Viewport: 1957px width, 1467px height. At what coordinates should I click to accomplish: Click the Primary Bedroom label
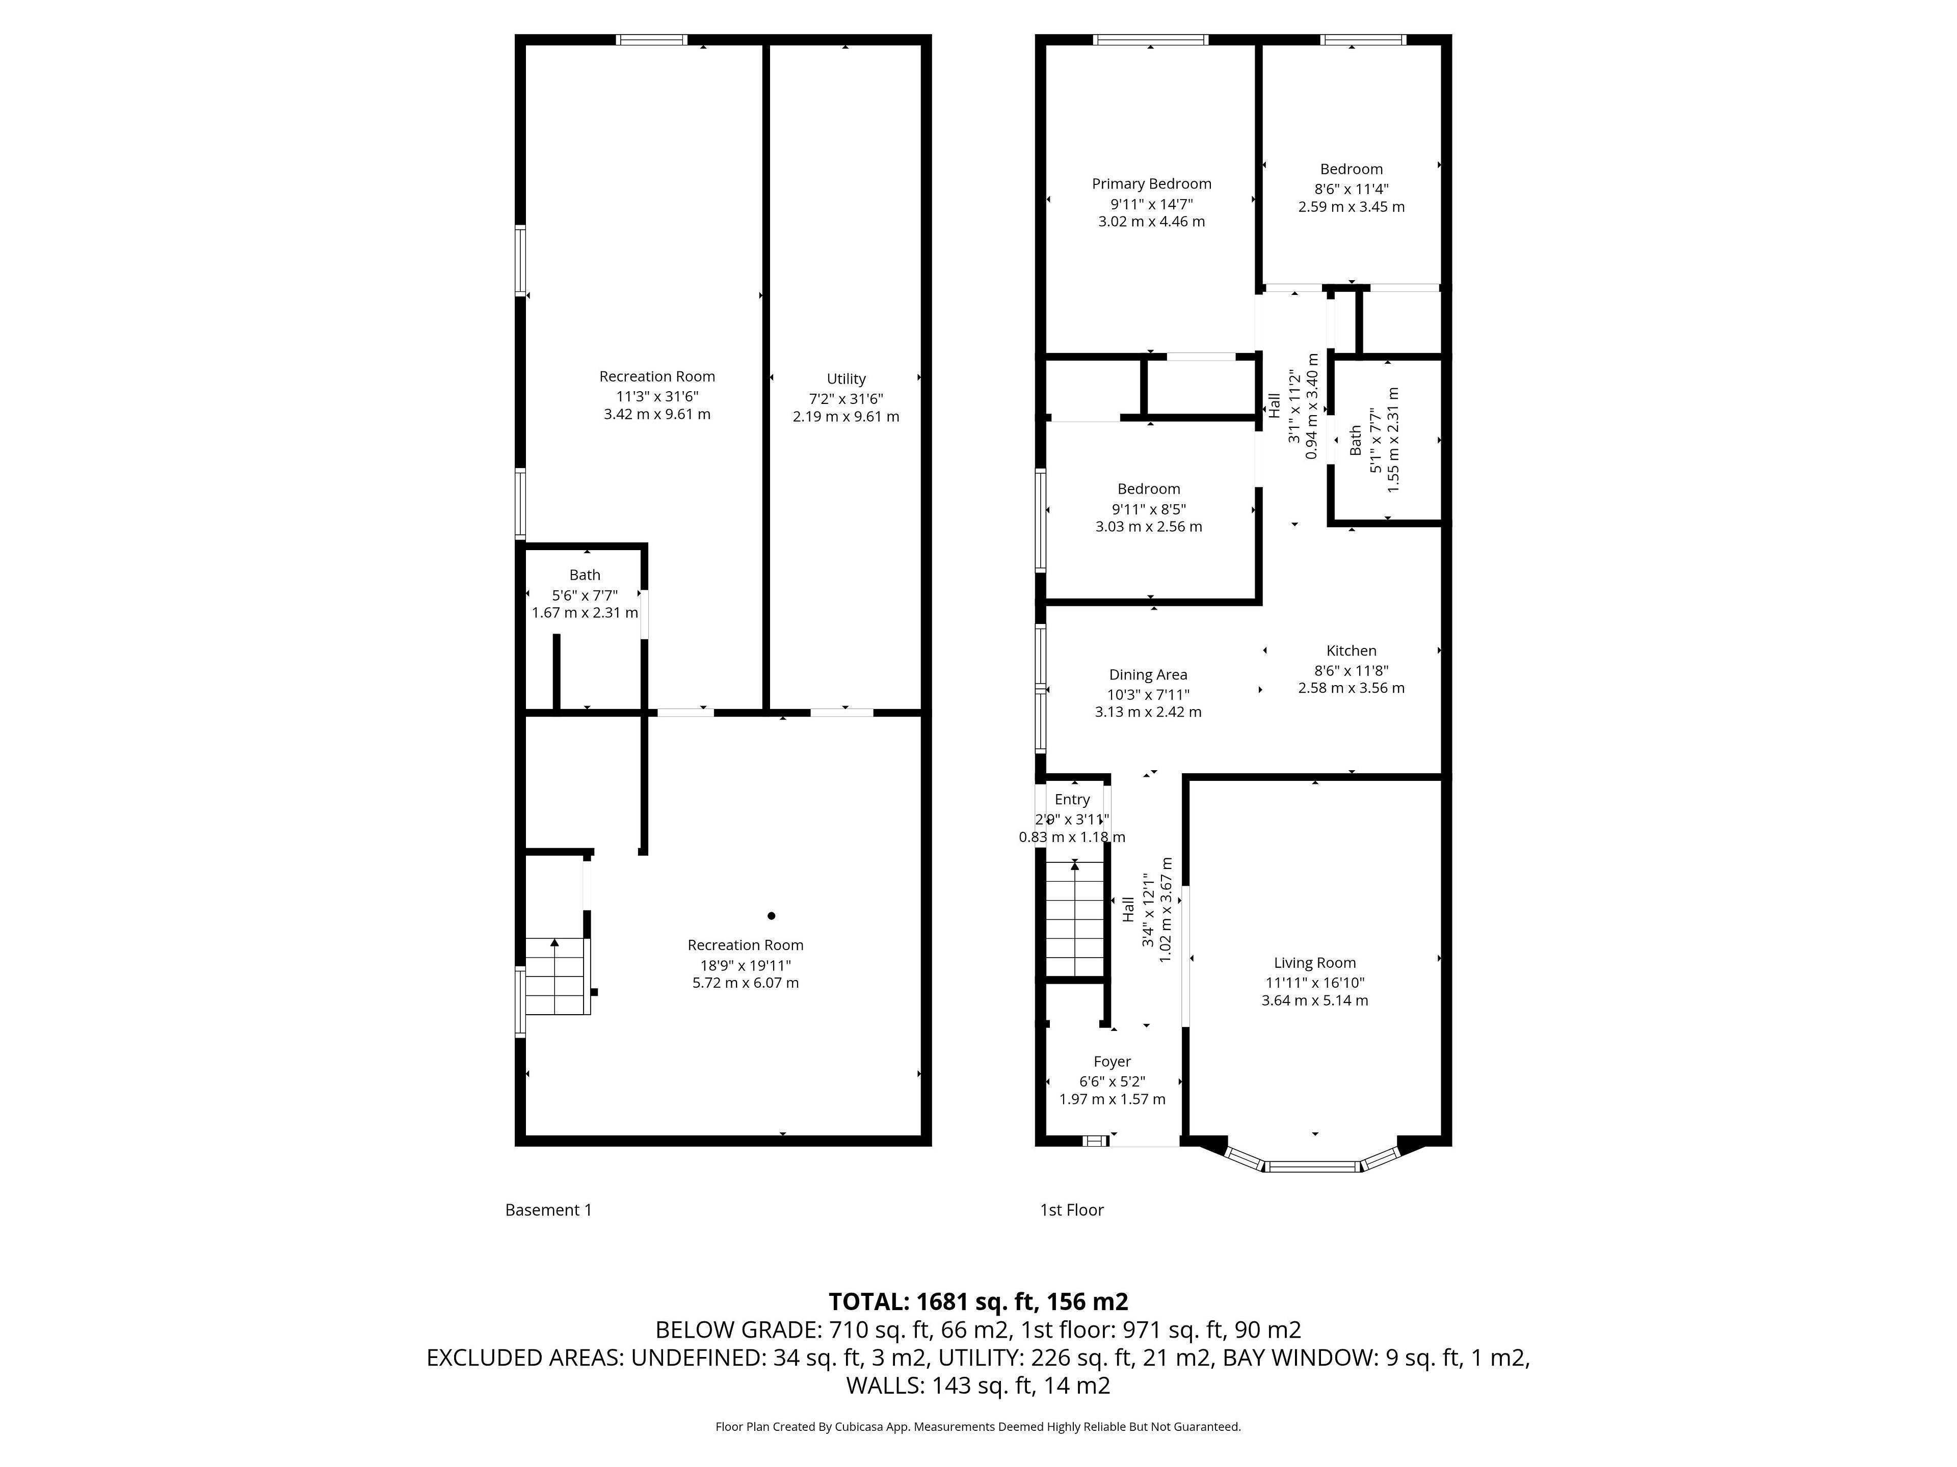(1151, 184)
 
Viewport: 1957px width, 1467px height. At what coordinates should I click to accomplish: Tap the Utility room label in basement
(846, 378)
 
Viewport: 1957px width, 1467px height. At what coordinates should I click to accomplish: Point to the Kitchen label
(1351, 651)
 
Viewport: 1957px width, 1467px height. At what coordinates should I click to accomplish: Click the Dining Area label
(1148, 675)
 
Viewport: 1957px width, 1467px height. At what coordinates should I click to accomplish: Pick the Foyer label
(1112, 1061)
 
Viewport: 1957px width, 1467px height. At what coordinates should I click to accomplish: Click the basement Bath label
(585, 575)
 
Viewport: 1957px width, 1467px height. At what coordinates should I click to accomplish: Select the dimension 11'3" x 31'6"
(656, 397)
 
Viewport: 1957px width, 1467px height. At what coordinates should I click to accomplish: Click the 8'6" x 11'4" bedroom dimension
(1351, 188)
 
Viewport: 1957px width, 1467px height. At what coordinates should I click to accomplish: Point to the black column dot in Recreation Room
(772, 916)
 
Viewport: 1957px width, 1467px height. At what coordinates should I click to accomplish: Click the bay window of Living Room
(1313, 1165)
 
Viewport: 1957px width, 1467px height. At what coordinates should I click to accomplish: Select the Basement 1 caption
(548, 1210)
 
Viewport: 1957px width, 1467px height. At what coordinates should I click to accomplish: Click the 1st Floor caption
(1071, 1210)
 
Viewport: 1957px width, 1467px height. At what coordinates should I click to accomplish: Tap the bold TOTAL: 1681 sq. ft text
(977, 1301)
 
